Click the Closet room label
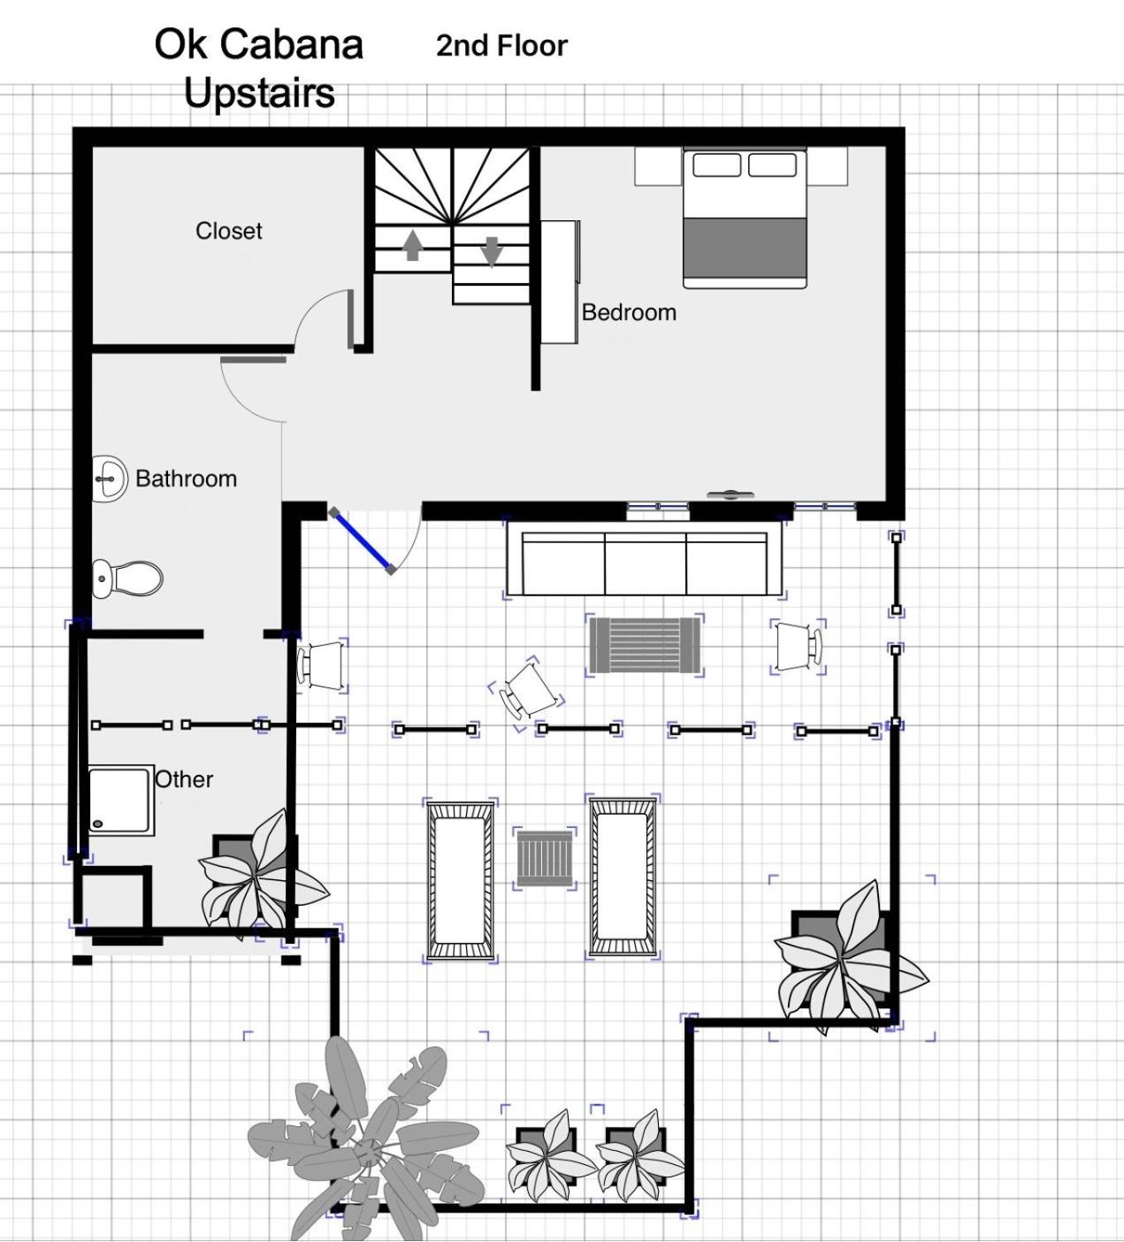(228, 231)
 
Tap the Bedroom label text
(629, 312)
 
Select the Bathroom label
(187, 479)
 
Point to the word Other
(184, 778)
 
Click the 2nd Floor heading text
(502, 46)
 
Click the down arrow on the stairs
(492, 251)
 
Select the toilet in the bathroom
(127, 579)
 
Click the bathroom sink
(110, 479)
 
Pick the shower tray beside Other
(120, 801)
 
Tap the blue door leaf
(363, 540)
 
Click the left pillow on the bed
(716, 165)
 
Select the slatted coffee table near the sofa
(645, 645)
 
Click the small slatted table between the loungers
(545, 858)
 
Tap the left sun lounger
(460, 880)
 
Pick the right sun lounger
(623, 877)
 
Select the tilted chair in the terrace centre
(527, 691)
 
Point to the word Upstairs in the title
(259, 94)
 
